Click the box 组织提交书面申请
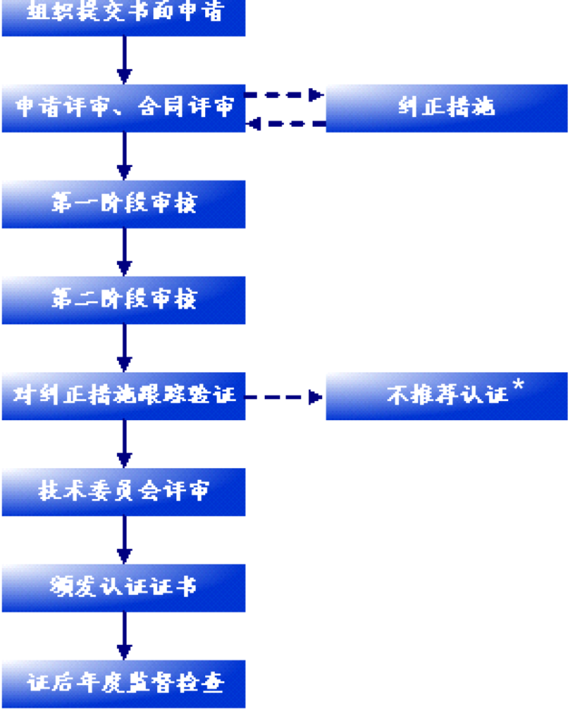pyautogui.click(x=124, y=16)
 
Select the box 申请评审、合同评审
pyautogui.click(x=124, y=108)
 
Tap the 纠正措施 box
pyautogui.click(x=446, y=108)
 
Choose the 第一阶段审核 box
pyautogui.click(x=124, y=204)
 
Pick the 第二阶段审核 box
pyautogui.click(x=124, y=300)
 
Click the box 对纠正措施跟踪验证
pyautogui.click(x=124, y=396)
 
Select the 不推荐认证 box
pyautogui.click(x=446, y=396)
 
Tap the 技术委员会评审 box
pyautogui.click(x=124, y=492)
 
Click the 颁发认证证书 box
pyautogui.click(x=124, y=588)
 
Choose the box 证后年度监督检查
pyautogui.click(x=124, y=684)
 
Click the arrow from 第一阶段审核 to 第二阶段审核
pyautogui.click(x=124, y=252)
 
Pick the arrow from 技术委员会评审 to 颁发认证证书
pyautogui.click(x=124, y=540)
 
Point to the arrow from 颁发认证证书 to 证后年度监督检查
pyautogui.click(x=124, y=636)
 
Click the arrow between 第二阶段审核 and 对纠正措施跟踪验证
pyautogui.click(x=124, y=348)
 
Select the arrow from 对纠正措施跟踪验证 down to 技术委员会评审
pyautogui.click(x=124, y=444)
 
